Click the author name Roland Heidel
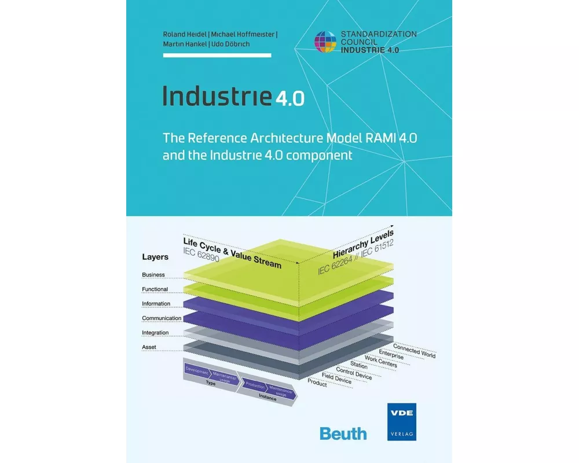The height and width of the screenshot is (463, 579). pos(182,34)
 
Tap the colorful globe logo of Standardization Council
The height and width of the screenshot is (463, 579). pos(325,42)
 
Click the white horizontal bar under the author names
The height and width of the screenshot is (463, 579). pos(217,56)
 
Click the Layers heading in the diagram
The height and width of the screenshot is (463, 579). pos(155,257)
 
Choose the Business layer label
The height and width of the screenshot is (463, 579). pos(153,275)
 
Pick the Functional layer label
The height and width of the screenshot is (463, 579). pos(155,289)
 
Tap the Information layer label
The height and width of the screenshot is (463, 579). pos(156,304)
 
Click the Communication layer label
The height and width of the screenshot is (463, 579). pos(162,318)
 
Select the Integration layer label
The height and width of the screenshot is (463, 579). pos(155,333)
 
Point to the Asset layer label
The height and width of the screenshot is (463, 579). pos(149,347)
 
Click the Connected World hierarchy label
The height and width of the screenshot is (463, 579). pos(415,351)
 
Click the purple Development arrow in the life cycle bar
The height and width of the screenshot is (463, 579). pos(197,369)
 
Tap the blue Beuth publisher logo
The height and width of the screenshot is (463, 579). pos(343,433)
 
